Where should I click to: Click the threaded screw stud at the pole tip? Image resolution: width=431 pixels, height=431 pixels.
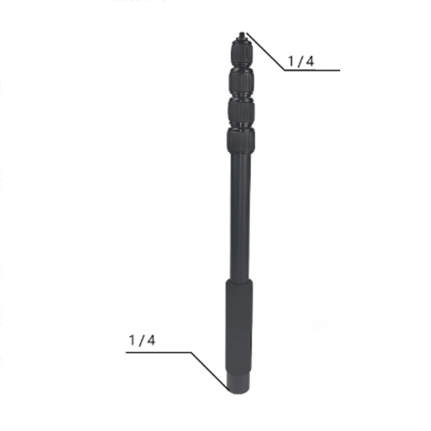(242, 35)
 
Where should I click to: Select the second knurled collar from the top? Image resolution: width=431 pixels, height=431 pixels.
(241, 81)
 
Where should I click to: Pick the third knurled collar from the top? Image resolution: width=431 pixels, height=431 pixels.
(241, 113)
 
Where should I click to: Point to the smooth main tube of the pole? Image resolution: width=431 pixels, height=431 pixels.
(240, 217)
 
